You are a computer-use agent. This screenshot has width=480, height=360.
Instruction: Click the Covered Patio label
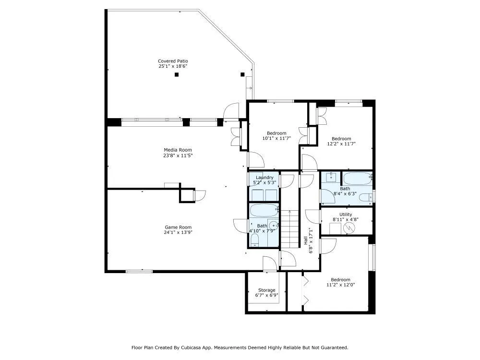pyautogui.click(x=173, y=61)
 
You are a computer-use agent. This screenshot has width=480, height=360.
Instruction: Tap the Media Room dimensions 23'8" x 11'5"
pyautogui.click(x=178, y=156)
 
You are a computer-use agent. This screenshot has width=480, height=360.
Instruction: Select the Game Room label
pyautogui.click(x=178, y=227)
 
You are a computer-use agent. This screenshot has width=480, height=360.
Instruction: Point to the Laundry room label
pyautogui.click(x=264, y=178)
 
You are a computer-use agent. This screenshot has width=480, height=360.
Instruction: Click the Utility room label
pyautogui.click(x=346, y=214)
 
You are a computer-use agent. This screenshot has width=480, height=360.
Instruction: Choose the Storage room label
pyautogui.click(x=266, y=290)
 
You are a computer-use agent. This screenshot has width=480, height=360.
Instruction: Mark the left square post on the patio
pyautogui.click(x=176, y=74)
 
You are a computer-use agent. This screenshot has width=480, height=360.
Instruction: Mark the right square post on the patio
pyautogui.click(x=242, y=74)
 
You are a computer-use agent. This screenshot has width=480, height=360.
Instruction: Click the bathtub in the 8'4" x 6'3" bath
pyautogui.click(x=357, y=178)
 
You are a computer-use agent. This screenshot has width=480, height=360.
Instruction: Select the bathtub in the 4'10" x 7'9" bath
pyautogui.click(x=264, y=211)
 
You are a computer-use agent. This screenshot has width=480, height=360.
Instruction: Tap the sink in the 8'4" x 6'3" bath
pyautogui.click(x=331, y=177)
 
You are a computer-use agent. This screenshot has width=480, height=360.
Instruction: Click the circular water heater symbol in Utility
pyautogui.click(x=348, y=228)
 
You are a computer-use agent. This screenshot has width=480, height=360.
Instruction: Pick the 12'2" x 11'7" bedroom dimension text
pyautogui.click(x=341, y=144)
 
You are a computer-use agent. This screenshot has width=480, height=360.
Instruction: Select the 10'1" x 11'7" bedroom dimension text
pyautogui.click(x=276, y=138)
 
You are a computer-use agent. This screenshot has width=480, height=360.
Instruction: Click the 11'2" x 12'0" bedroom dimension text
pyautogui.click(x=340, y=285)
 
